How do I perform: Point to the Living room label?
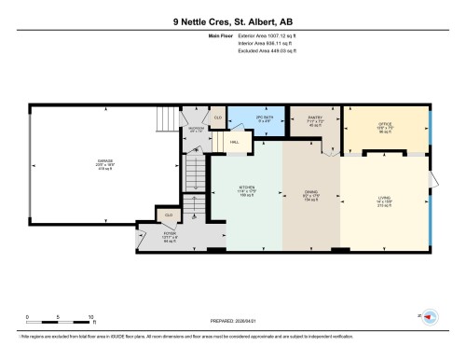pos(383,199)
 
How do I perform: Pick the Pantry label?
pos(314,121)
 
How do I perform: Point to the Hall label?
pos(234,143)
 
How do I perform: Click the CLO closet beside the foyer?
pos(169,215)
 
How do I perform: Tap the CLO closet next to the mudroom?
pos(216,118)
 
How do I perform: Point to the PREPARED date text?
pos(232,317)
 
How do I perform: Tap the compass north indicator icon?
pos(431,317)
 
